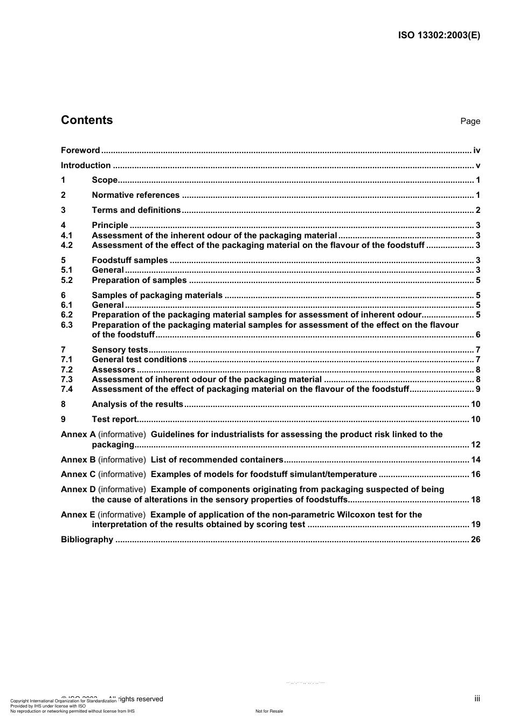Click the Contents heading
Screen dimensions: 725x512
[87, 120]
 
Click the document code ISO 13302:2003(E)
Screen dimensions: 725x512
[439, 36]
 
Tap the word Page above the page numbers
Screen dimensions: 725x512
[470, 121]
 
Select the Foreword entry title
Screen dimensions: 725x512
[80, 150]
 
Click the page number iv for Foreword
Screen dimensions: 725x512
[476, 150]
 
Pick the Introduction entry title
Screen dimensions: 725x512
[86, 165]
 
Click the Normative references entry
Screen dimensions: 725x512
[136, 195]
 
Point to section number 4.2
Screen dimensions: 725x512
[67, 245]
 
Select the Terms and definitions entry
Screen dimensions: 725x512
[136, 210]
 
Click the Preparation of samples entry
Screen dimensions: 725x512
[139, 280]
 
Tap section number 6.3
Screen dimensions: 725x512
[67, 325]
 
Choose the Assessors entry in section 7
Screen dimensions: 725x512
[114, 370]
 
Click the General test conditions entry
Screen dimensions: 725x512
[140, 360]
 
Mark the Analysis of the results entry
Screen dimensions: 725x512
[138, 404]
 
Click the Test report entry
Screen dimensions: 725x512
[115, 419]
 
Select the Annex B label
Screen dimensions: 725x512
[78, 460]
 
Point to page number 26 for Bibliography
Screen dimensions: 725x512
[475, 540]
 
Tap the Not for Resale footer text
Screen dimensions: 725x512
[269, 711]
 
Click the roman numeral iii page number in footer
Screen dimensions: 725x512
[477, 699]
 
